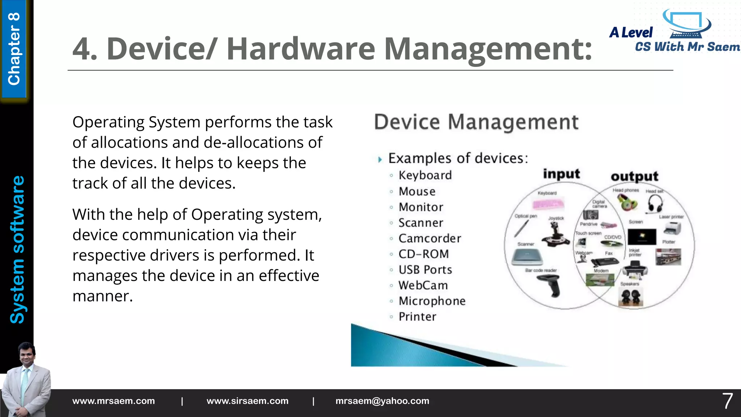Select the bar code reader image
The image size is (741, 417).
pos(549,285)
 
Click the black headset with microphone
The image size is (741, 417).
pos(655,203)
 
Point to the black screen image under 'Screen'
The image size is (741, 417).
pos(642,237)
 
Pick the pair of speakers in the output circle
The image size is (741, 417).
pos(630,298)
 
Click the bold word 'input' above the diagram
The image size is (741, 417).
pos(561,174)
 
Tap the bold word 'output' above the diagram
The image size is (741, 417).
pos(634,177)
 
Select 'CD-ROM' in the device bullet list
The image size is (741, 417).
pos(424,254)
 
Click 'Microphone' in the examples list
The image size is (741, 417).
pos(432,301)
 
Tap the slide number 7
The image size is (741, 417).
pos(728,401)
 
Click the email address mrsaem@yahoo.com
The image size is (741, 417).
pos(382,401)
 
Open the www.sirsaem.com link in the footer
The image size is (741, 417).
pos(247,401)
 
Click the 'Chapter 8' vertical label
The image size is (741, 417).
pos(14,49)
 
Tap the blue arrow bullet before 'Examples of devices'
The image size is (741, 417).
pos(380,159)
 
